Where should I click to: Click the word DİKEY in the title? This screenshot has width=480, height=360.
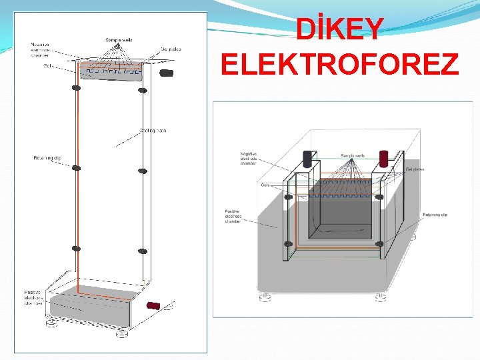click(x=340, y=28)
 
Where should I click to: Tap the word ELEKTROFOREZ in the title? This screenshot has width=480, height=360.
click(x=339, y=65)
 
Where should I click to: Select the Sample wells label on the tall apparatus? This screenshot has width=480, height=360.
click(x=119, y=40)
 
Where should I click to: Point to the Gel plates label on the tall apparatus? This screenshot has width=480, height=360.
click(x=171, y=49)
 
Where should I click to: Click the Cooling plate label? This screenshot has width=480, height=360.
click(x=153, y=130)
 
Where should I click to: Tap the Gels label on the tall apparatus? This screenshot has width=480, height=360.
click(x=49, y=65)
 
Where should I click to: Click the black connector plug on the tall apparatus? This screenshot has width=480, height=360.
click(x=167, y=72)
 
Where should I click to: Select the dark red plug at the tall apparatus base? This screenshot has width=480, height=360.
click(x=154, y=305)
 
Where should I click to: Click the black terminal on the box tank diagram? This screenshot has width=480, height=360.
click(x=307, y=158)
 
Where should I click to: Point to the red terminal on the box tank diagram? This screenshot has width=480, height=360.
click(x=384, y=158)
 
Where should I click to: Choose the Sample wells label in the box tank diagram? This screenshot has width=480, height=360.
click(x=353, y=155)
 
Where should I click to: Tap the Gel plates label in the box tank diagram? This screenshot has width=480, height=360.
click(x=415, y=169)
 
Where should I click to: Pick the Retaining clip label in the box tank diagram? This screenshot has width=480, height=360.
click(x=435, y=215)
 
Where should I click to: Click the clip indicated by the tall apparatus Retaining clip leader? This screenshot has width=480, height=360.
click(x=76, y=168)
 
